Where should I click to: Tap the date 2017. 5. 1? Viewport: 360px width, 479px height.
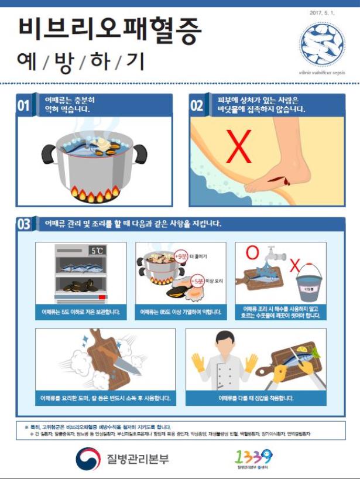coord(321,12)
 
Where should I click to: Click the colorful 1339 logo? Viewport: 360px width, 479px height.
coord(253,455)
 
